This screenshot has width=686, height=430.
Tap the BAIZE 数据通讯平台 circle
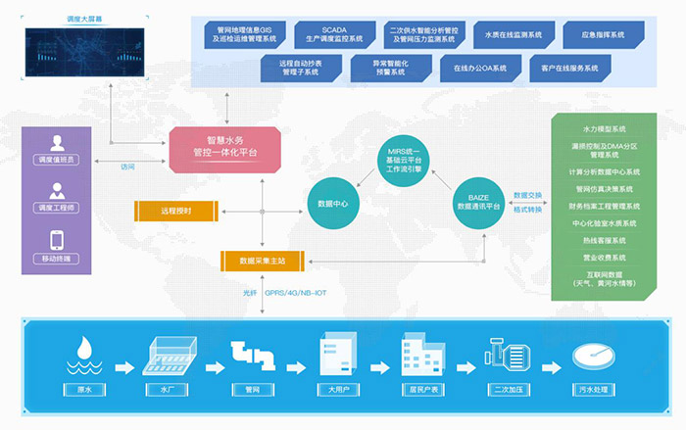pyautogui.click(x=478, y=203)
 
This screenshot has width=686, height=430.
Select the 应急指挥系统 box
pyautogui.click(x=604, y=34)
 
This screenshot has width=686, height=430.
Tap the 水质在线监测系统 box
pyautogui.click(x=511, y=34)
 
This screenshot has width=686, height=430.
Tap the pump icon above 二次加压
pyautogui.click(x=510, y=355)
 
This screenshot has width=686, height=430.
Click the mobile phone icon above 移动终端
pyautogui.click(x=57, y=240)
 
